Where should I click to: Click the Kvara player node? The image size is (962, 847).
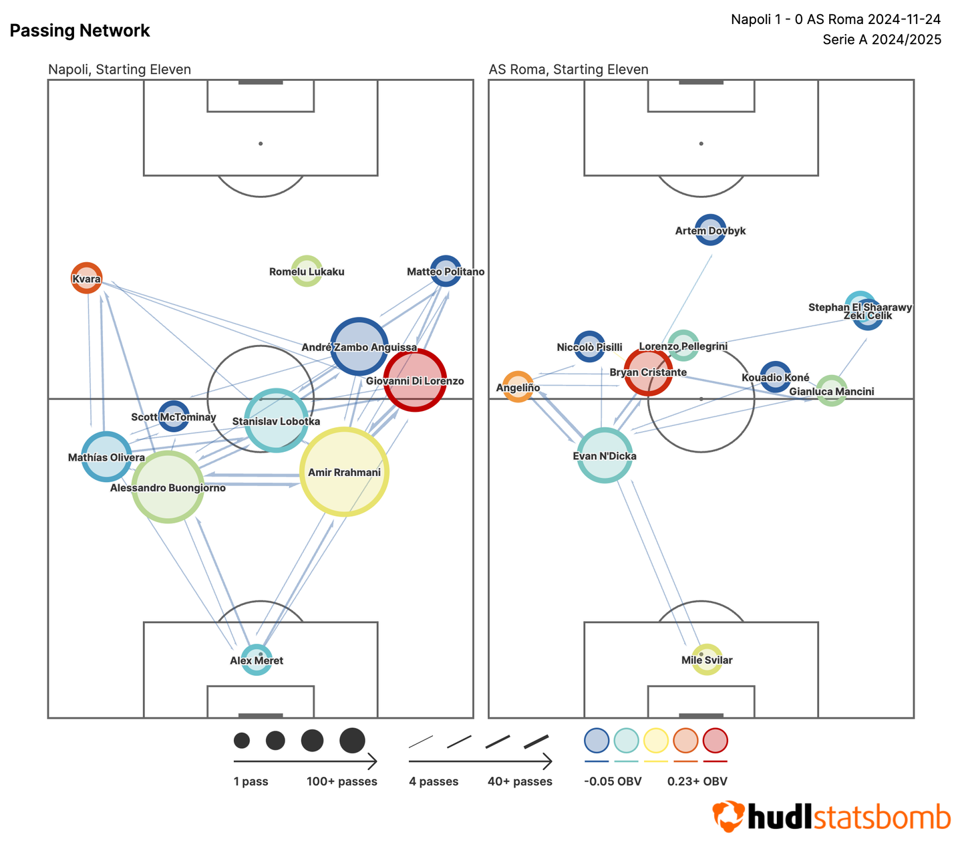pyautogui.click(x=87, y=277)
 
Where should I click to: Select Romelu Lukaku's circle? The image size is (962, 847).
pyautogui.click(x=307, y=271)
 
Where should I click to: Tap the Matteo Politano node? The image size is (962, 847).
pyautogui.click(x=446, y=271)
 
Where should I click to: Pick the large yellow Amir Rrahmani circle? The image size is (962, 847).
pyautogui.click(x=344, y=472)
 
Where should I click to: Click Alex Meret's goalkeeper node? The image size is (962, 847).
pyautogui.click(x=257, y=660)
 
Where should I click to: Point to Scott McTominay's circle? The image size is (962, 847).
pyautogui.click(x=174, y=416)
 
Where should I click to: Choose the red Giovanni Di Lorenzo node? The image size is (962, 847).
pyautogui.click(x=415, y=380)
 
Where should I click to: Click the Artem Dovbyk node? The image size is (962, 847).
pyautogui.click(x=710, y=230)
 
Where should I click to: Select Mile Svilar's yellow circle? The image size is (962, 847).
pyautogui.click(x=707, y=660)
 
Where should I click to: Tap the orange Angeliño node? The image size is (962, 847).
pyautogui.click(x=518, y=387)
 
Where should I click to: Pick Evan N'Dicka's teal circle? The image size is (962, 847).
pyautogui.click(x=605, y=455)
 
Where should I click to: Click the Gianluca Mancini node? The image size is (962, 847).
pyautogui.click(x=832, y=391)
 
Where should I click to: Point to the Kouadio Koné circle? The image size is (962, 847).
pyautogui.click(x=776, y=377)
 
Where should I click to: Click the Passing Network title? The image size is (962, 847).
pyautogui.click(x=79, y=31)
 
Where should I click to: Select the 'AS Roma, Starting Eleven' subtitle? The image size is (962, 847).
pyautogui.click(x=569, y=70)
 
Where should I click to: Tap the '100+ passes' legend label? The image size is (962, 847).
pyautogui.click(x=342, y=781)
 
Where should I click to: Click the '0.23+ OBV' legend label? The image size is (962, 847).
pyautogui.click(x=697, y=781)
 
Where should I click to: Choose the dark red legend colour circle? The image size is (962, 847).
pyautogui.click(x=715, y=741)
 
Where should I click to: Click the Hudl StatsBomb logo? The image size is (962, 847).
pyautogui.click(x=832, y=817)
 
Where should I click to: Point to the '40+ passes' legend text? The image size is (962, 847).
pyautogui.click(x=520, y=781)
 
